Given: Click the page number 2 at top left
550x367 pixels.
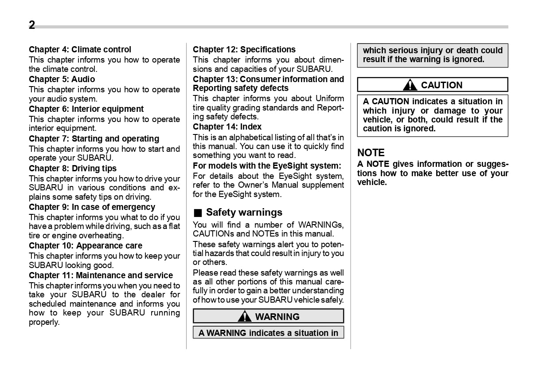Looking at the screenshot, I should click(x=32, y=25).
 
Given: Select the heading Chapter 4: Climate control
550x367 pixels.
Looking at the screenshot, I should click(x=80, y=50).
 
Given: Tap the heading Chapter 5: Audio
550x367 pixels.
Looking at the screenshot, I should click(x=62, y=79).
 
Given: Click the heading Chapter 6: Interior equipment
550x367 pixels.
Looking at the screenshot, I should click(x=86, y=109).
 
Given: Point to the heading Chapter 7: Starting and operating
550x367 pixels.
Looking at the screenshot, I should click(x=94, y=139).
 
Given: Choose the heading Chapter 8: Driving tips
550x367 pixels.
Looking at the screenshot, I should click(x=73, y=169).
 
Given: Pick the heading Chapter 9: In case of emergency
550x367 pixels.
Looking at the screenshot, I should click(x=92, y=207).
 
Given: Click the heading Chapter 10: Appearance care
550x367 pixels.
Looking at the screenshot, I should click(x=86, y=246).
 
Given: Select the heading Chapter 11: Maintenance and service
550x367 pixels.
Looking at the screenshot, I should click(x=101, y=276).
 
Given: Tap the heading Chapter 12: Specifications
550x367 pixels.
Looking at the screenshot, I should click(x=244, y=50).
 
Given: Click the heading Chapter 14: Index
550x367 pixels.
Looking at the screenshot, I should click(x=227, y=127).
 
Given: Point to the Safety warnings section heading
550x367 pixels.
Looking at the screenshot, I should click(x=244, y=213).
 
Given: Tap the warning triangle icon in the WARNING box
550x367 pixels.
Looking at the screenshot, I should click(x=244, y=317).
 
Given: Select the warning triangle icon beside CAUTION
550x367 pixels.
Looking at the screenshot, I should click(x=410, y=85).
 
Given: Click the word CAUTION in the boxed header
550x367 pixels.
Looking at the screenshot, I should click(x=441, y=85).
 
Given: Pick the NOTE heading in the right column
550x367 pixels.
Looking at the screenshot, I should click(x=371, y=153).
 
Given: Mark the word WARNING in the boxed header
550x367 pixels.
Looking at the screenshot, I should click(x=277, y=317).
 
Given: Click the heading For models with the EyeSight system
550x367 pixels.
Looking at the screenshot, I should click(x=267, y=166).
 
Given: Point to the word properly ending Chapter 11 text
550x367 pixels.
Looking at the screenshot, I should click(x=44, y=323).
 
